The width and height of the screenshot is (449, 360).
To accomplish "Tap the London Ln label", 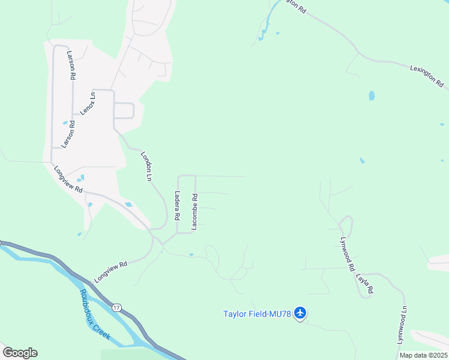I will coord(146,166).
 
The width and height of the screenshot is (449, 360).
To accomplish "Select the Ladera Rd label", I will coord(178,206).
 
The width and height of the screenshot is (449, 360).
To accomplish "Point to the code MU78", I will coord(279,313).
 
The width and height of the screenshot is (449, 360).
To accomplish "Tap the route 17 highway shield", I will coord(116,307).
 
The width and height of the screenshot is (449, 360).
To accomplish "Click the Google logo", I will coord(20,353).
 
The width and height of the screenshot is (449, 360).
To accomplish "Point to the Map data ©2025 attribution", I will coord(423,355).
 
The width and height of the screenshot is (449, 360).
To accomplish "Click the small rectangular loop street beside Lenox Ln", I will coord(124,111).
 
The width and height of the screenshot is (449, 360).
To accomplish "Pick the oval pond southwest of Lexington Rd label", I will coord(372,95).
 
